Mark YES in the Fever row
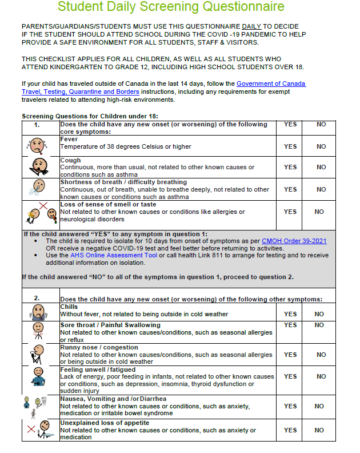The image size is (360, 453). (x=290, y=146)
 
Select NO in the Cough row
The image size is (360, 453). (x=321, y=167)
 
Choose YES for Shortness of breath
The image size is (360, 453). (x=290, y=189)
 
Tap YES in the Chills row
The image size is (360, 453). (x=290, y=314)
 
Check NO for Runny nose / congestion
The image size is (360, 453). (x=321, y=355)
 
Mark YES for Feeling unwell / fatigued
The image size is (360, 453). (x=290, y=377)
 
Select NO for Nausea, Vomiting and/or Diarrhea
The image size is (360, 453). (x=321, y=406)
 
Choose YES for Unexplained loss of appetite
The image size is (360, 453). (x=290, y=430)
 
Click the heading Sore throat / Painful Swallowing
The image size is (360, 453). (x=110, y=325)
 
